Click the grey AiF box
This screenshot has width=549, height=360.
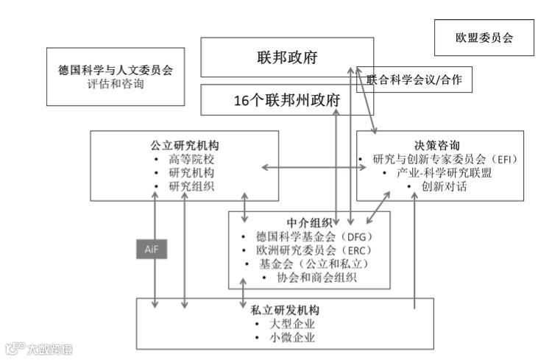pyautogui.click(x=151, y=249)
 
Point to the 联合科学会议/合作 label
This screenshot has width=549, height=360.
pyautogui.click(x=414, y=80)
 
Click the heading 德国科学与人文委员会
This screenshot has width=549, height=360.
pyautogui.click(x=116, y=71)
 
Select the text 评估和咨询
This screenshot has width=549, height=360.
pyautogui.click(x=116, y=85)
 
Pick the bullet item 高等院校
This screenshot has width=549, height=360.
pyautogui.click(x=191, y=159)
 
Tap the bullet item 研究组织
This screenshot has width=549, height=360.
pyautogui.click(x=191, y=186)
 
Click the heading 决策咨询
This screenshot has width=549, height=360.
pyautogui.click(x=440, y=144)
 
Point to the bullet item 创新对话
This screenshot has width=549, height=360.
pyautogui.click(x=444, y=186)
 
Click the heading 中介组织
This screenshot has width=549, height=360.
pyautogui.click(x=308, y=222)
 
